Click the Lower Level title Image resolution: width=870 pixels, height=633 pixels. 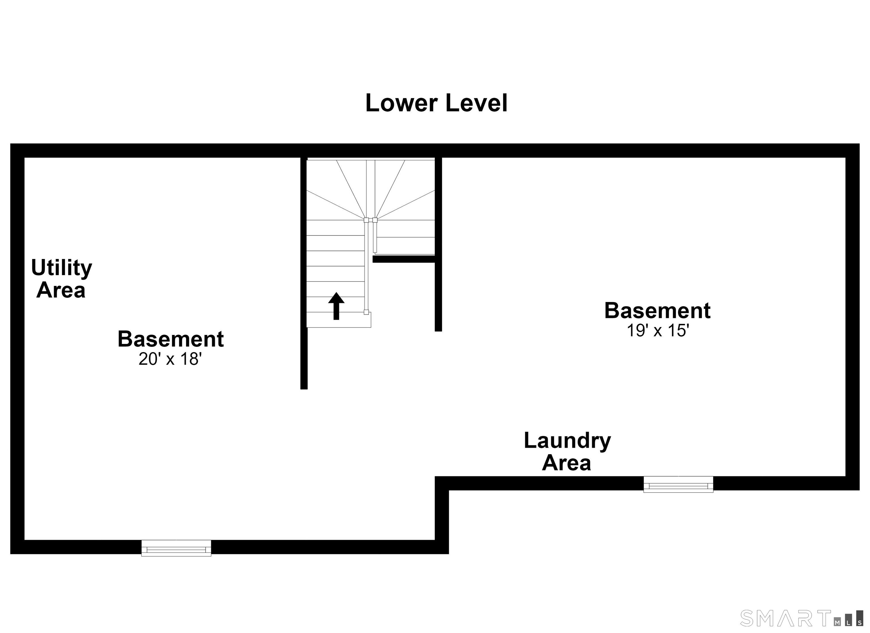pos(436,103)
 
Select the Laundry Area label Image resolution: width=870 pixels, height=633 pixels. pos(567,451)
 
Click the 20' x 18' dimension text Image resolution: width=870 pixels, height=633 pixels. pos(170,359)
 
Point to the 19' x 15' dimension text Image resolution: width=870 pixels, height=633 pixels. pos(658,330)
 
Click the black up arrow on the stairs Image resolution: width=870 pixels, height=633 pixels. pos(336,306)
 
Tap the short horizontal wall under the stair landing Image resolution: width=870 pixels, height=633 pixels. pos(404,259)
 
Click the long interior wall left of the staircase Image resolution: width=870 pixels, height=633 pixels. pos(304,273)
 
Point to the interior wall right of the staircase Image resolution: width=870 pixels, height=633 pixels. pos(438,244)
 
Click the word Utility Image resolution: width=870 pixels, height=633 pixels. pos(61,268)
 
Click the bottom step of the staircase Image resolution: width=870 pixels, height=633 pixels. pos(339,320)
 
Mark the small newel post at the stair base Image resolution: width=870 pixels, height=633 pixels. pos(366,312)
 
